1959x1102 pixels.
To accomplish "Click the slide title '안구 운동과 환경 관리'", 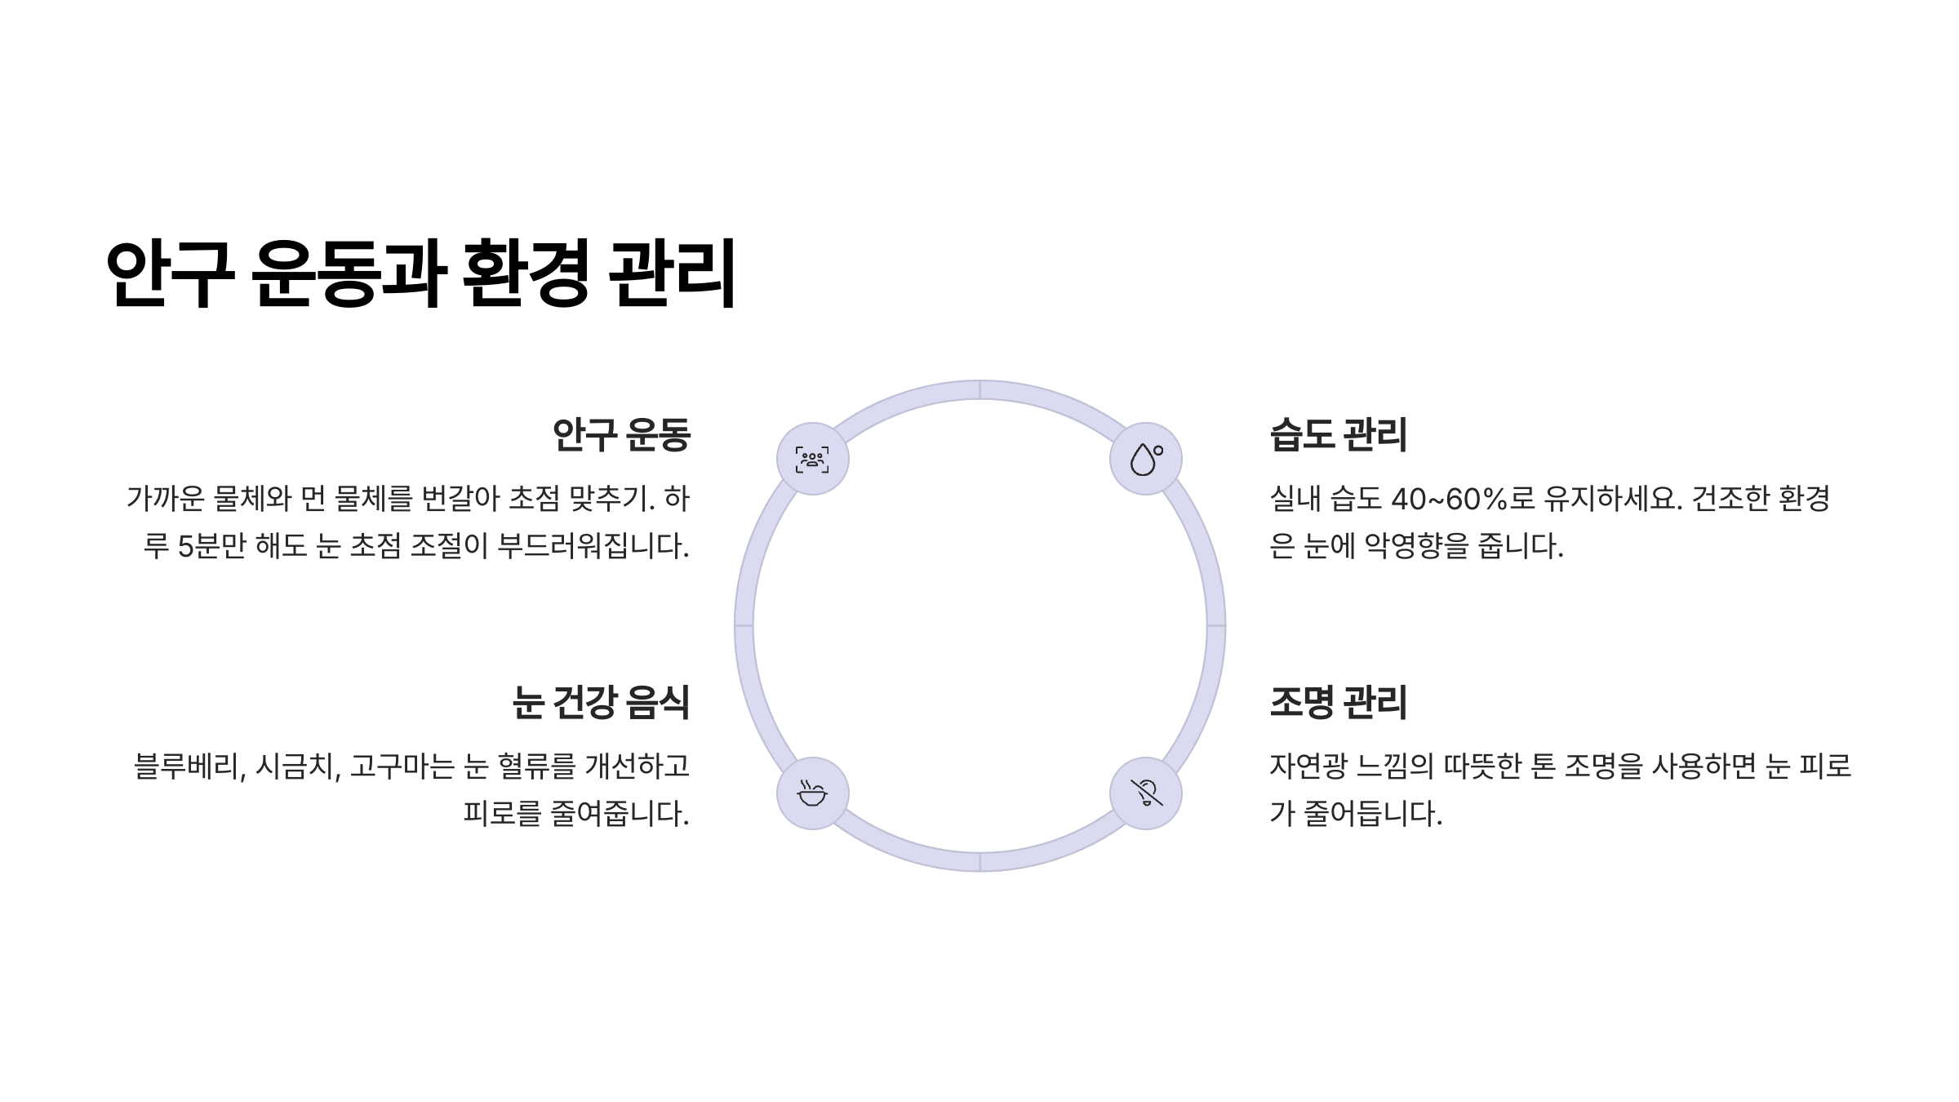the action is [x=420, y=273].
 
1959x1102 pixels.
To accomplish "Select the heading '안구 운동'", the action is [x=621, y=434].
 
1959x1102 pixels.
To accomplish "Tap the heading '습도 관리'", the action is [x=1338, y=434].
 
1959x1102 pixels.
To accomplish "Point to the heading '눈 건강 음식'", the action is [x=600, y=702].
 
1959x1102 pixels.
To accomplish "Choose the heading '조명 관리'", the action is [x=1338, y=702].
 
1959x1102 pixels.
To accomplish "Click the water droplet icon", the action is [x=1145, y=459].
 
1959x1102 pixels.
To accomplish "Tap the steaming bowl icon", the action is [x=812, y=793].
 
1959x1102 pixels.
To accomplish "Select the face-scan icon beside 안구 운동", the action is [x=812, y=459].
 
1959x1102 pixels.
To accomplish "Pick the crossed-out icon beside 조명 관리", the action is [x=1145, y=793].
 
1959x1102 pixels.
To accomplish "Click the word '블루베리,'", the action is [x=189, y=767].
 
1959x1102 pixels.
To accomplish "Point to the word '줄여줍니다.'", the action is [x=620, y=814].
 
